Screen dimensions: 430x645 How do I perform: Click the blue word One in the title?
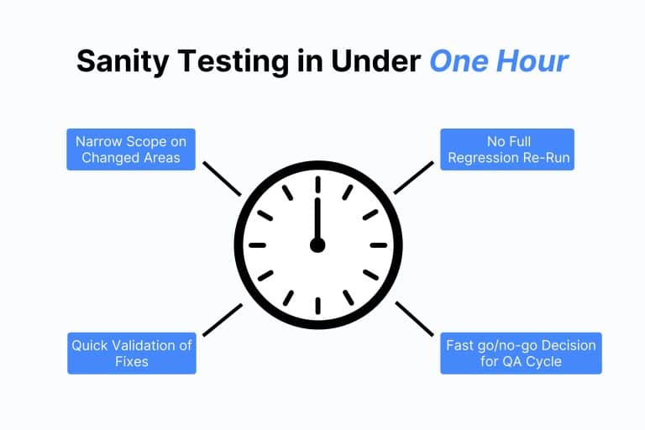point(455,60)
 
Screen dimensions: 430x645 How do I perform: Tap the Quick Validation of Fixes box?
point(132,354)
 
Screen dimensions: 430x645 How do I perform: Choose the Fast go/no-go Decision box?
point(521,354)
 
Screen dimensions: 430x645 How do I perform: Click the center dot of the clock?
point(317,244)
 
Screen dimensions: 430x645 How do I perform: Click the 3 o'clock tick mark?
point(379,245)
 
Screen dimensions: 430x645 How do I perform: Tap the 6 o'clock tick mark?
point(317,306)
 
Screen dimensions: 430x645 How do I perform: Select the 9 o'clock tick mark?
point(257,245)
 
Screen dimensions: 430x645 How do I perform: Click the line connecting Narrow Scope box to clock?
point(223,179)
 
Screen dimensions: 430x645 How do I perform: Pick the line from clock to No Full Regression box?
point(413,178)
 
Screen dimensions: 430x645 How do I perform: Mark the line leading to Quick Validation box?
point(223,320)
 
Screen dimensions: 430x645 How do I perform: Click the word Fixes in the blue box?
point(132,362)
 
